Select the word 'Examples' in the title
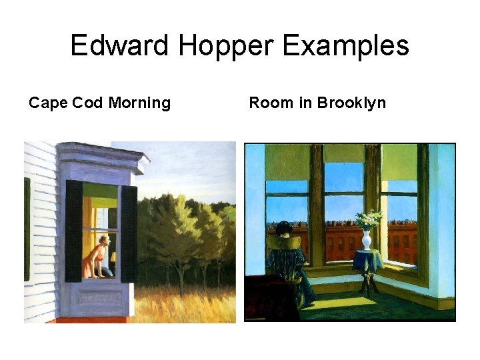346,47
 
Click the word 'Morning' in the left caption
139,103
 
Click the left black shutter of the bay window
74,231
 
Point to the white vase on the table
366,239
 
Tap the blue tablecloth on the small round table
368,261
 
